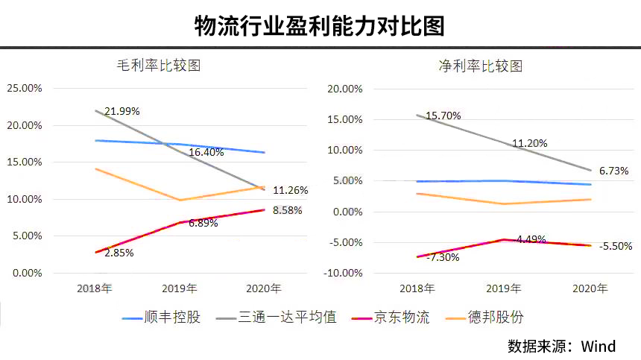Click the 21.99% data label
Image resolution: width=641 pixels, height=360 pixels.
(x=122, y=111)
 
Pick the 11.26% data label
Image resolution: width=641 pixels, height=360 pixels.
(x=290, y=189)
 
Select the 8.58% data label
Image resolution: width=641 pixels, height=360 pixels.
(x=288, y=210)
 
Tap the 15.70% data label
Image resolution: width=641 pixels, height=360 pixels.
(x=443, y=116)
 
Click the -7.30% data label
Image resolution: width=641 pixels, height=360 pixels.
(x=443, y=257)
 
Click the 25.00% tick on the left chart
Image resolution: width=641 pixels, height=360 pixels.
(x=25, y=88)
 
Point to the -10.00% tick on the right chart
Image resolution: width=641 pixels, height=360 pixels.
(x=344, y=273)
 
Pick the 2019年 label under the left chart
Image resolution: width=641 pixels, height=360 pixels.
(x=180, y=288)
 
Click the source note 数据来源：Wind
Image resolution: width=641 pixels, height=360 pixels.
(x=561, y=346)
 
